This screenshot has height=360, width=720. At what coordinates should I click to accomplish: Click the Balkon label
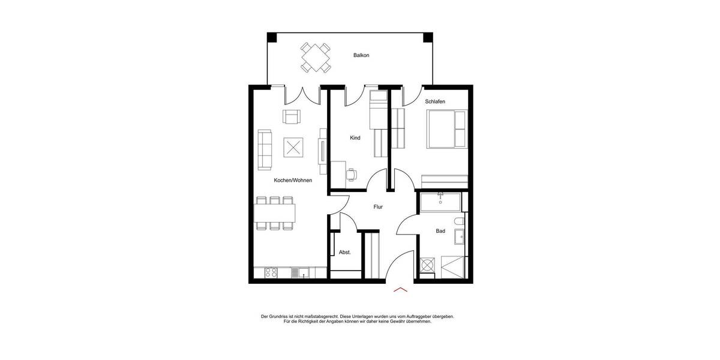(x=361, y=55)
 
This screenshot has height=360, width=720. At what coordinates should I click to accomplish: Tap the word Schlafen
(x=435, y=101)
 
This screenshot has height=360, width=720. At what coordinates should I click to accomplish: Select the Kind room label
(x=355, y=138)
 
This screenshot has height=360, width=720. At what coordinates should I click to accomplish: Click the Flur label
(x=378, y=207)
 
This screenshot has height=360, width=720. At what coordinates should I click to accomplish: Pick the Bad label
(x=440, y=231)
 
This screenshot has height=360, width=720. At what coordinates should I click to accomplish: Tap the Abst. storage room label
(x=344, y=253)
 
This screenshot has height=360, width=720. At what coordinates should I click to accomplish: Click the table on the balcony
(x=316, y=57)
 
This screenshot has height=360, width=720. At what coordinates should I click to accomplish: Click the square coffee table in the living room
(x=293, y=147)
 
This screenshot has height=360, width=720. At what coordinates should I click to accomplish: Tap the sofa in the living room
(x=264, y=149)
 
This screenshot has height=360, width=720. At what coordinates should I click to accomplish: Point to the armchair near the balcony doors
(x=292, y=117)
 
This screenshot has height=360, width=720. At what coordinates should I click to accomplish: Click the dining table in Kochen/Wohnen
(x=275, y=212)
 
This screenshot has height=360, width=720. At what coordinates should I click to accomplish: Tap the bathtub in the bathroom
(x=440, y=202)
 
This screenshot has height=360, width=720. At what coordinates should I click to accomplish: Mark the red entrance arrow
(x=400, y=290)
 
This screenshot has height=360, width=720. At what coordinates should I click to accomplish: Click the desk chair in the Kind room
(x=352, y=174)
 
